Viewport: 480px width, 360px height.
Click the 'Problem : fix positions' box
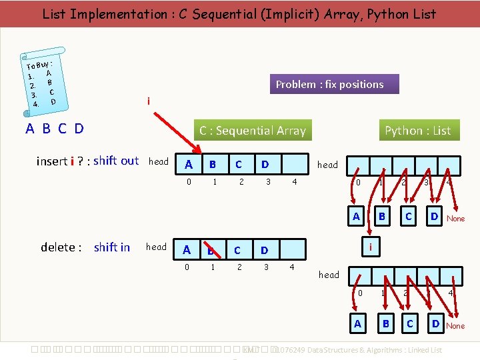pyautogui.click(x=329, y=84)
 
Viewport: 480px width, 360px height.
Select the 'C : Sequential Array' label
pyautogui.click(x=252, y=131)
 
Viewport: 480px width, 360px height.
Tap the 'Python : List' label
pyautogui.click(x=417, y=131)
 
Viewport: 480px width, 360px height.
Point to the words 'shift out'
pyautogui.click(x=116, y=161)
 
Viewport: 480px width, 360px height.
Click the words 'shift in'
pyautogui.click(x=112, y=247)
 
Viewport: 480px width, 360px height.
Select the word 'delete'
pyautogui.click(x=58, y=247)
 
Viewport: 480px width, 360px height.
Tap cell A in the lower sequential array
pyautogui.click(x=187, y=250)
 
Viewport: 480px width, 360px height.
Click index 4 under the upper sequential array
pyautogui.click(x=295, y=181)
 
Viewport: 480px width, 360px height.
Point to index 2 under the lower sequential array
pyautogui.click(x=238, y=267)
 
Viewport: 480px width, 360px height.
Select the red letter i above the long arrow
pyautogui.click(x=148, y=101)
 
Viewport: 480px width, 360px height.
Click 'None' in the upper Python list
pyautogui.click(x=456, y=219)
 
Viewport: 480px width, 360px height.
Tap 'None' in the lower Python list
pyautogui.click(x=456, y=326)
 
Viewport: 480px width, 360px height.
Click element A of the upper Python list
pyautogui.click(x=356, y=216)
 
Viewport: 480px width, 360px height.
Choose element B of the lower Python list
pyautogui.click(x=385, y=324)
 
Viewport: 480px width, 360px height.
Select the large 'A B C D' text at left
pyautogui.click(x=55, y=129)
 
